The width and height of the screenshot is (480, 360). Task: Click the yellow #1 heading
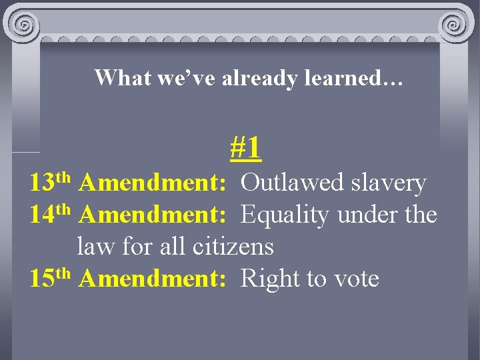click(x=245, y=148)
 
